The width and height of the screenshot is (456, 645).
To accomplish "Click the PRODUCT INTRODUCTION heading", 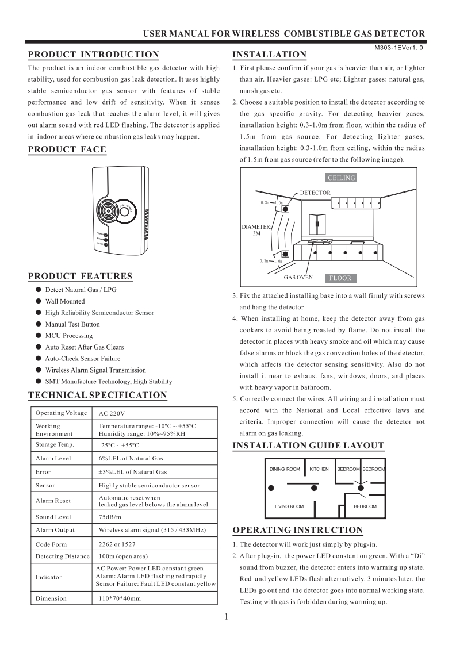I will pos(94,55).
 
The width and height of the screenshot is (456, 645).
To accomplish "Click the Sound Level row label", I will pos(53,517).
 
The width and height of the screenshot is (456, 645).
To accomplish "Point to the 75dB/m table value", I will pos(110,517).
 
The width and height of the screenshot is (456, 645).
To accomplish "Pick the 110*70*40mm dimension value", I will pos(120,598).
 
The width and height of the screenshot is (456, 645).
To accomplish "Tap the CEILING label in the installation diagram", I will pos(342,178).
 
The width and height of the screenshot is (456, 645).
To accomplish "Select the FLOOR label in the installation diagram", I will pos(340,278).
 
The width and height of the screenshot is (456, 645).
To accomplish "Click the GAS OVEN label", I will pos(298,277).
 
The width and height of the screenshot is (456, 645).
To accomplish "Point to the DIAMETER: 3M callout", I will pos(256,231).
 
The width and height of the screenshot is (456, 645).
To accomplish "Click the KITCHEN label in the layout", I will pos(319,469).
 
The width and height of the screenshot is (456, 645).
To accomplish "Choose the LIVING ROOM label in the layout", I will pos(289,506).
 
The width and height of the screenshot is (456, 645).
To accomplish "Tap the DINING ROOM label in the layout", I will pos(285,469).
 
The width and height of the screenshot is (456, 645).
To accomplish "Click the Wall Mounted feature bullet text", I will pos(65,301).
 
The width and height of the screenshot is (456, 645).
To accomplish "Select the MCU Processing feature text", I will pos(68,336).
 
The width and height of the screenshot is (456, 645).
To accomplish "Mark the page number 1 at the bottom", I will pos(227,618).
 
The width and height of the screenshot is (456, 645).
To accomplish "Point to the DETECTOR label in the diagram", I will pos(315,193).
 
